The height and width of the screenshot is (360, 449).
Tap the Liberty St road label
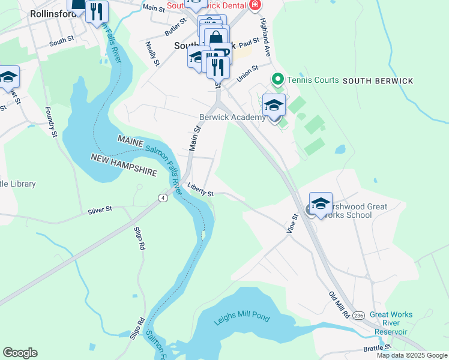(200, 190)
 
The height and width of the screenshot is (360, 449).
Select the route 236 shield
(359, 316)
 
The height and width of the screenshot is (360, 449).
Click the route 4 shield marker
(162, 197)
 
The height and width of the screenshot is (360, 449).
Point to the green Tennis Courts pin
(277, 79)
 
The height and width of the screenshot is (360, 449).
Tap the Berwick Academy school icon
(274, 106)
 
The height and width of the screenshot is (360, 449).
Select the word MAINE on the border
(130, 142)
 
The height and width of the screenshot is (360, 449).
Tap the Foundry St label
(51, 122)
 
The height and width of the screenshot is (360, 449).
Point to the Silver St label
(100, 210)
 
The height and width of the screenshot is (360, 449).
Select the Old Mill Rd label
(338, 305)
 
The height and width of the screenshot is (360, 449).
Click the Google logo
(20, 353)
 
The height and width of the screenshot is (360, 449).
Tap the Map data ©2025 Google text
(411, 355)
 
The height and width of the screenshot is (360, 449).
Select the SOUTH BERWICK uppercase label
(378, 80)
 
